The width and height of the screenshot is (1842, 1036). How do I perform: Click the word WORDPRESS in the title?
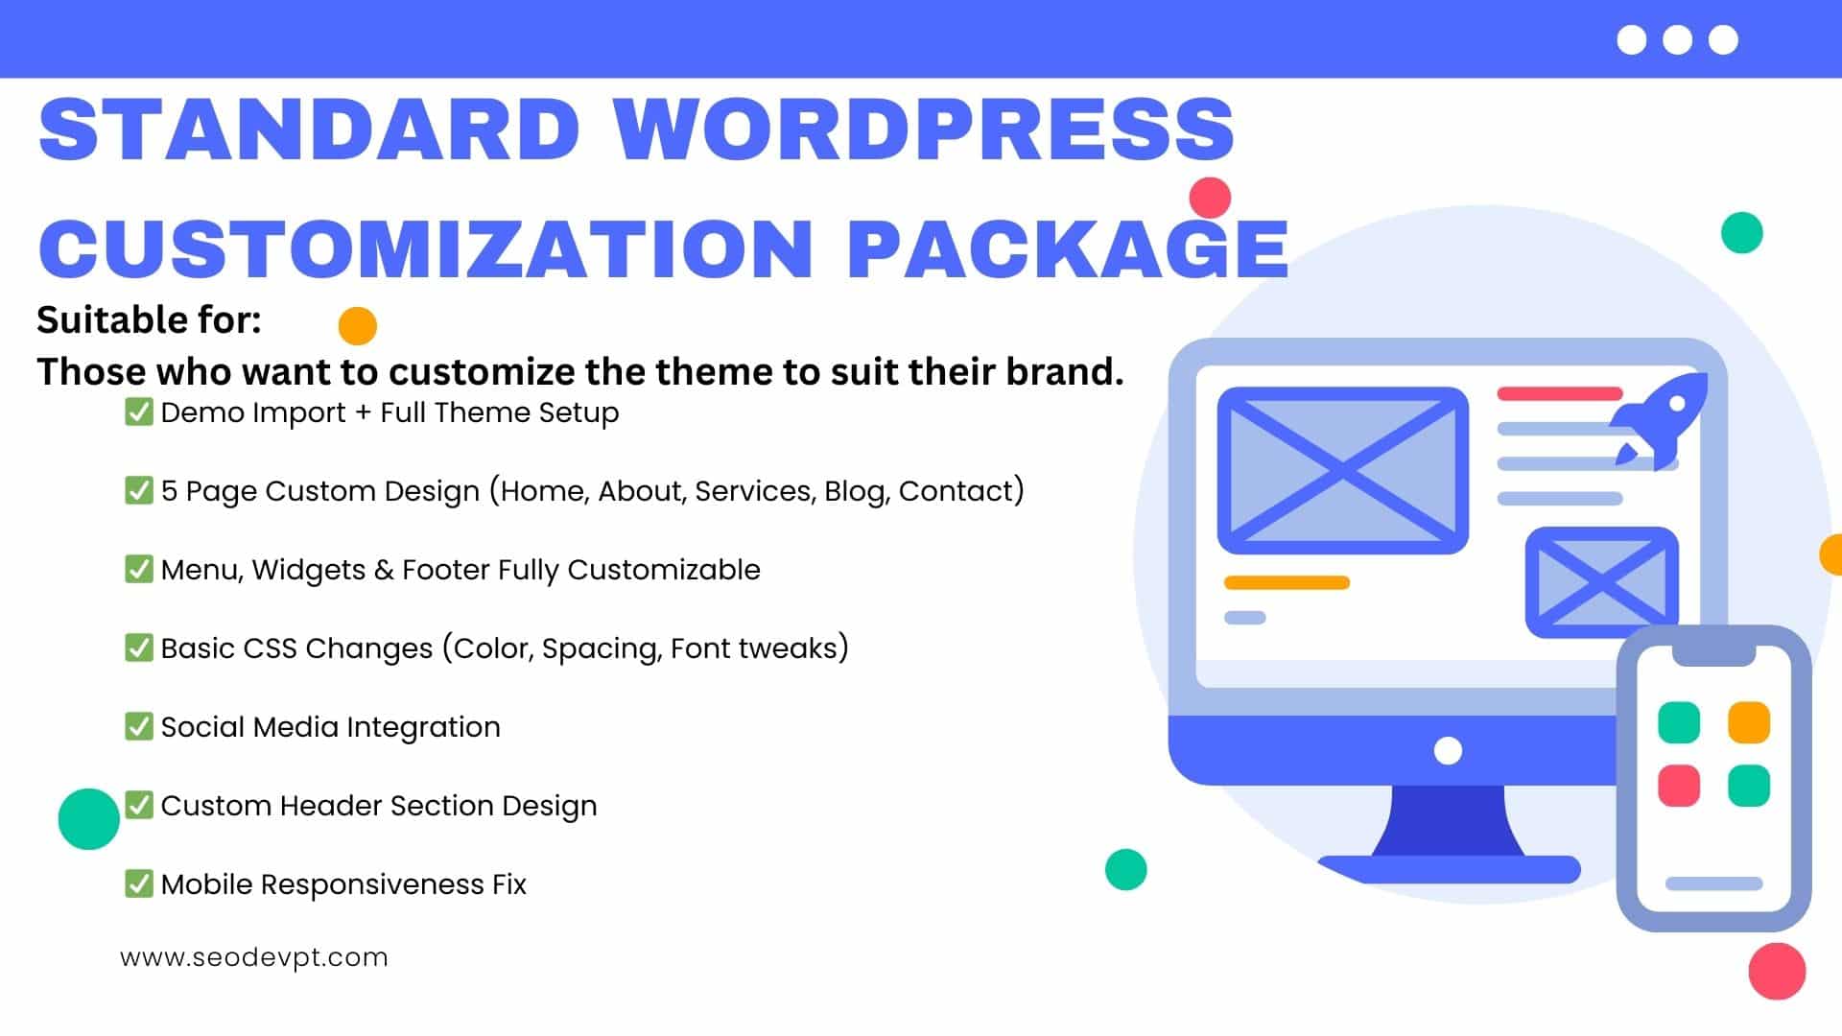pos(924,129)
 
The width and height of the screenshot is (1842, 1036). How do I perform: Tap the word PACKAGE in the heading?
pos(1068,247)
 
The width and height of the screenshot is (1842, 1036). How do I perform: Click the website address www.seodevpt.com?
pos(254,957)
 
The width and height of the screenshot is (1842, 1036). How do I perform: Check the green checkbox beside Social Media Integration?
pos(139,726)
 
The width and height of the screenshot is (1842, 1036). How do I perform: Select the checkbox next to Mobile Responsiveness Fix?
pos(139,883)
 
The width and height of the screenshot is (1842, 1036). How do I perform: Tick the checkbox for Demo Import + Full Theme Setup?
pos(139,412)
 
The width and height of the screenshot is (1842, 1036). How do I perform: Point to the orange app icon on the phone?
pos(1748,722)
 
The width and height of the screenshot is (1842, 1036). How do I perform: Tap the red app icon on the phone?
pos(1679,786)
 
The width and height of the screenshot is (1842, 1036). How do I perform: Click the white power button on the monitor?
pos(1448,750)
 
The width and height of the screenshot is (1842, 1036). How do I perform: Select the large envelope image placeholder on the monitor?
pos(1343,470)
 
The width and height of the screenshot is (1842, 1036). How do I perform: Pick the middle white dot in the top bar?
pos(1677,40)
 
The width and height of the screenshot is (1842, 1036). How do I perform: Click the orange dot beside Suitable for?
pos(358,326)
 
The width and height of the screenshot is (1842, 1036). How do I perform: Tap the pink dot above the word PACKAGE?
pos(1210,198)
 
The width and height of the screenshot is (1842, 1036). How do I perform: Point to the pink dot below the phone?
pos(1777,971)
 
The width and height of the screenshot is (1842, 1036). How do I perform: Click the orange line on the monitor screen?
pos(1287,582)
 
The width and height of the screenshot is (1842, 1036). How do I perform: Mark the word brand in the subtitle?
pos(1063,371)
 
